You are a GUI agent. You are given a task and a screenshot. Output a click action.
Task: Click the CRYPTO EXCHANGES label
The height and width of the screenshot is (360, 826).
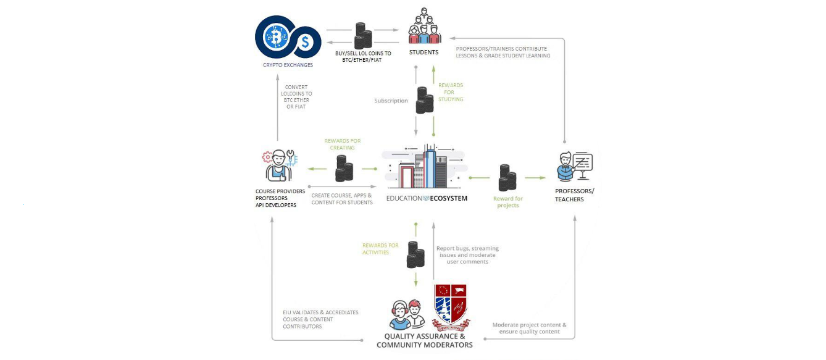point(288,65)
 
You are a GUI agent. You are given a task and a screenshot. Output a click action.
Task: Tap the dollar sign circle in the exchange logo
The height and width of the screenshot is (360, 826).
point(305,43)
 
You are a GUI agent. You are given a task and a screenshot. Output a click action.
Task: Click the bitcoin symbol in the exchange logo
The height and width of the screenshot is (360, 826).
point(275,36)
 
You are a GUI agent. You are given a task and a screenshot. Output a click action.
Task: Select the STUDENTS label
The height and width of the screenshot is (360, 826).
point(423,52)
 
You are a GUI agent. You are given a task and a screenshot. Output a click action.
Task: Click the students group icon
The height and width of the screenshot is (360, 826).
point(424,26)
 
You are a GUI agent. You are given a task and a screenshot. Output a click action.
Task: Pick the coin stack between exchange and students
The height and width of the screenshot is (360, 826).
point(363,36)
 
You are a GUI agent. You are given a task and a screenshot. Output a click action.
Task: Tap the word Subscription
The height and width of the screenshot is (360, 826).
point(391,101)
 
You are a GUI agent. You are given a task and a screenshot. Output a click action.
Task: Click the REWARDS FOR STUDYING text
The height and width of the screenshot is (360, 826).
point(450,92)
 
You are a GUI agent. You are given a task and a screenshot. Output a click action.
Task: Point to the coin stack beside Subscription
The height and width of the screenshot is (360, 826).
point(425,100)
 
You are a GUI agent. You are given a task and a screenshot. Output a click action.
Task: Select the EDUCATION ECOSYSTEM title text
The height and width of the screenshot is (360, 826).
point(427,198)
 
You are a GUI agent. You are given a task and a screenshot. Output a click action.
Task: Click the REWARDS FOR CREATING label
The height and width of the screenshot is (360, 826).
point(343,144)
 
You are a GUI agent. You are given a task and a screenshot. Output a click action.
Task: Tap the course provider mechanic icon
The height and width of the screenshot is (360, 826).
point(280,165)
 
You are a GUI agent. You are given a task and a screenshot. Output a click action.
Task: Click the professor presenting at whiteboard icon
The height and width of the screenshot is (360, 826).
point(575,166)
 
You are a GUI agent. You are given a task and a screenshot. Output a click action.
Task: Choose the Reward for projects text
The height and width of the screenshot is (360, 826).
point(508,202)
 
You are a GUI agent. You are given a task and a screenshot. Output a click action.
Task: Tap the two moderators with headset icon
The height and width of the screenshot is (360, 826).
point(407,314)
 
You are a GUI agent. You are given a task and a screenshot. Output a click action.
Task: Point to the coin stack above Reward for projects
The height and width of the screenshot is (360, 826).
point(507,178)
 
